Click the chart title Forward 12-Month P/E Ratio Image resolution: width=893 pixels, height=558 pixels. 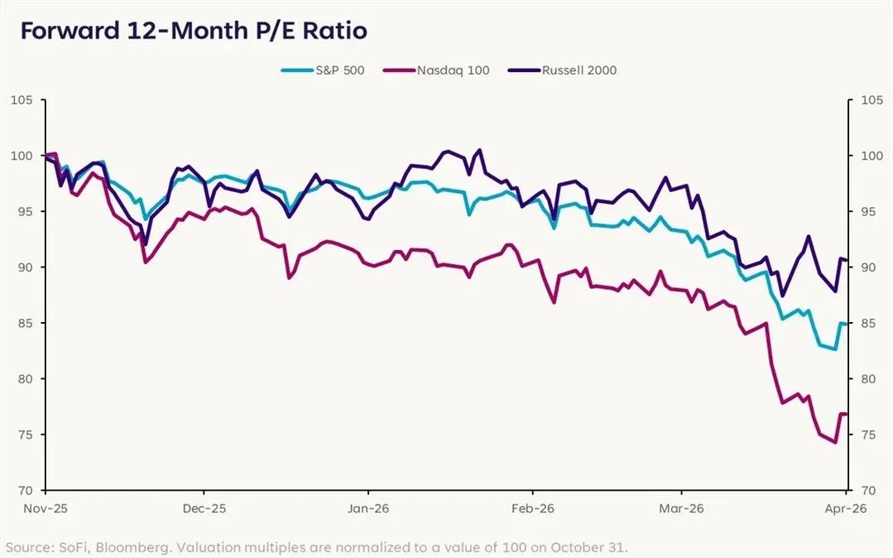(x=194, y=31)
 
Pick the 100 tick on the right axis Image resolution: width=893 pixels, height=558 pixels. (x=870, y=156)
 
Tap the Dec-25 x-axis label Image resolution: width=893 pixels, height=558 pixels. (x=204, y=508)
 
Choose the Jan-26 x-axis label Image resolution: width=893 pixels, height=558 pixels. (x=368, y=508)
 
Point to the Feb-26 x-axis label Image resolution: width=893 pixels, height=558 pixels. (x=533, y=508)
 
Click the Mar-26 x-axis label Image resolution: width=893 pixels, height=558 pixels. (x=681, y=508)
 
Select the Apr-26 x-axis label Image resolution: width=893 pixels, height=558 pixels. (x=845, y=508)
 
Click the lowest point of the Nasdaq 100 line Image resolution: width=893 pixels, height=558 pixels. (x=836, y=443)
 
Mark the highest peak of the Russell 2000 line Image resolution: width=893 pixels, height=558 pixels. (x=479, y=150)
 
